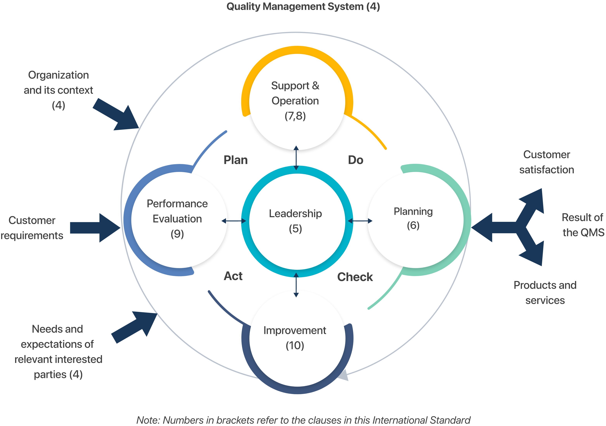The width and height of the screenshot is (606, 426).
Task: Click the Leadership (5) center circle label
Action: coord(295,221)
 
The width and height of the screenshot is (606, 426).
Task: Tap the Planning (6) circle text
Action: coord(413,218)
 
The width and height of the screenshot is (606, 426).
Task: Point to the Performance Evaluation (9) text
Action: coord(177,219)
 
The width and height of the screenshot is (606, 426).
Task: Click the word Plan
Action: coord(235,160)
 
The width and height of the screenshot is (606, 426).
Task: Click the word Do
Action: coord(356,160)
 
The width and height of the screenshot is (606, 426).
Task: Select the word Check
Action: coord(355,277)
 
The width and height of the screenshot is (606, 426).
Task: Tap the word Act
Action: coord(233,276)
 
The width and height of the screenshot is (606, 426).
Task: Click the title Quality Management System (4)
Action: coord(303,7)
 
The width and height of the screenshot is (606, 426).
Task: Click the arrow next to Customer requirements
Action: coord(95,228)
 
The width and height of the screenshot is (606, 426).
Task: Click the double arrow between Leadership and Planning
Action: coord(360,221)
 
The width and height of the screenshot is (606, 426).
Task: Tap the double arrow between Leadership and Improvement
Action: coord(296,285)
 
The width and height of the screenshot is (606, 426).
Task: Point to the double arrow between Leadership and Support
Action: coord(296,158)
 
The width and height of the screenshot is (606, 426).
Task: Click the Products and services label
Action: coord(545,292)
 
